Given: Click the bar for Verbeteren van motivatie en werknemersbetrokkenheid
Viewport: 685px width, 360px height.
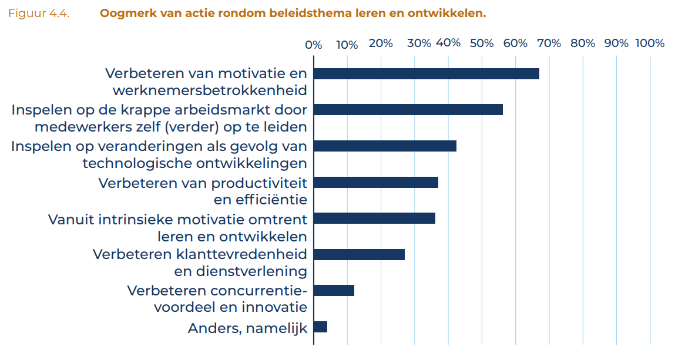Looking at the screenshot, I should click(x=426, y=73).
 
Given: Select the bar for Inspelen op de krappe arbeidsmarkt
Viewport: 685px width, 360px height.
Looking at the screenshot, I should click(x=408, y=110).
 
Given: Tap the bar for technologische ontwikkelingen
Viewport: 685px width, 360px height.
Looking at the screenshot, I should click(x=385, y=146).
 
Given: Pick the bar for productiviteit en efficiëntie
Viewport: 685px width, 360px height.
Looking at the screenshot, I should click(x=375, y=182).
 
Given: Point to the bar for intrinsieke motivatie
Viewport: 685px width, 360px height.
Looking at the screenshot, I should click(x=374, y=218).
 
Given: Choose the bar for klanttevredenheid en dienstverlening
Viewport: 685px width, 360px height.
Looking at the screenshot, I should click(x=359, y=254).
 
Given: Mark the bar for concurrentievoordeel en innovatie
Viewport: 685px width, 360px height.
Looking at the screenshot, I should click(x=334, y=291).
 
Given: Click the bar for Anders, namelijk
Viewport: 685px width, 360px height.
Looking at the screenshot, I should click(x=320, y=327).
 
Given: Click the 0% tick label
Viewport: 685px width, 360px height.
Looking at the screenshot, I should click(x=313, y=45).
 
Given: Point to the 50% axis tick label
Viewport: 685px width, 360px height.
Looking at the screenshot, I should click(x=482, y=43).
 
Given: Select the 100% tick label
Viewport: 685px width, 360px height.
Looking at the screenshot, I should click(x=650, y=43).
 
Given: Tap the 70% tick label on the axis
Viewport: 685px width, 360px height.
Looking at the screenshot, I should click(x=549, y=43).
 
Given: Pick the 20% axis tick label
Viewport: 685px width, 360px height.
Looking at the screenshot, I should click(x=381, y=43).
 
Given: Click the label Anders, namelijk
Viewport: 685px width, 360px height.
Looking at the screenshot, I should click(x=247, y=328).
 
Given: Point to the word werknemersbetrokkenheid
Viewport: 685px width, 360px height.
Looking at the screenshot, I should click(x=210, y=90).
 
